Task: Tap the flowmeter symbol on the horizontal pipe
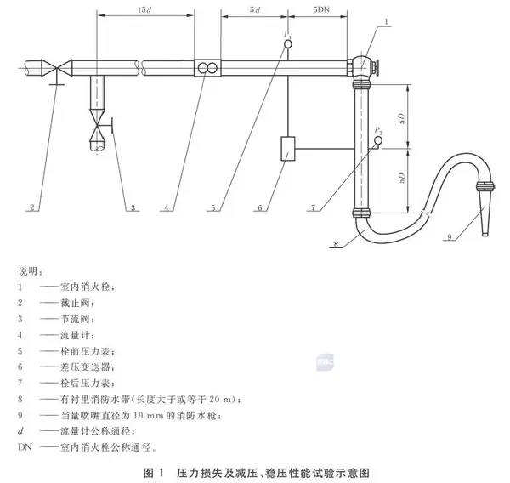[207, 67]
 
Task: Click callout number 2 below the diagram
[31, 207]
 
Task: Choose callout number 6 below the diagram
[264, 207]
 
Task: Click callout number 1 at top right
[386, 20]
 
